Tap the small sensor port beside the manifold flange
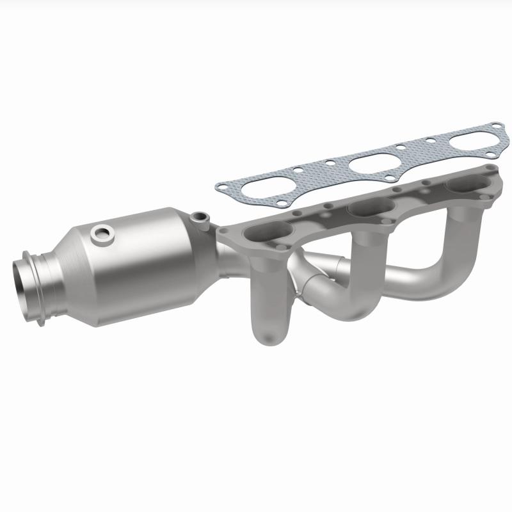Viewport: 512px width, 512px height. (x=204, y=218)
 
